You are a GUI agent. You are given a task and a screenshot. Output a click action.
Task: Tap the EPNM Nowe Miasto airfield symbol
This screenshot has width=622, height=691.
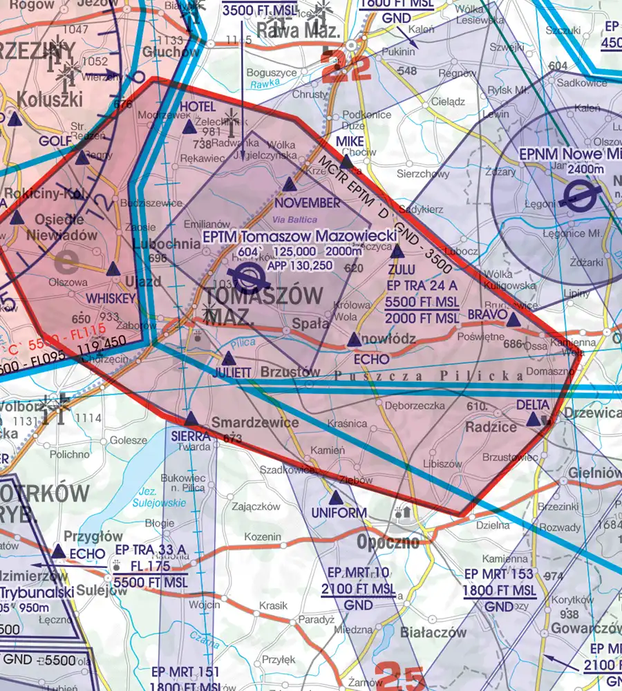coord(576,196)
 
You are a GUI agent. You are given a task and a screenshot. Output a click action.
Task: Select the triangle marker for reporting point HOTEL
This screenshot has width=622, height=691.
coord(189,127)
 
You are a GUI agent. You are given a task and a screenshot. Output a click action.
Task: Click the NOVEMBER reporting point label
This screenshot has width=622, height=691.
coord(307,203)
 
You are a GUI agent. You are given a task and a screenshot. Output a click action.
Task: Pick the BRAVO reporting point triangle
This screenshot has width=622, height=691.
coord(512,319)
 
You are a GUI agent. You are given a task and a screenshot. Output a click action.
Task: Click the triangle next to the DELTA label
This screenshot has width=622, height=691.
coord(533,419)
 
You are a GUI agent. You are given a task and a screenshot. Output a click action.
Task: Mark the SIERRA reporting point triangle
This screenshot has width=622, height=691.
coord(191,419)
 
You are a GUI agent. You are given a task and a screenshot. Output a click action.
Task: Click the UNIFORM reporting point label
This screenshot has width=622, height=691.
coord(338,513)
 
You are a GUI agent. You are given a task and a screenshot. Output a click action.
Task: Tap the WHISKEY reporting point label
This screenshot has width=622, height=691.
coord(110,297)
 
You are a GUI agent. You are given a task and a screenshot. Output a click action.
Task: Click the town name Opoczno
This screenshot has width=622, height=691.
coord(388,541)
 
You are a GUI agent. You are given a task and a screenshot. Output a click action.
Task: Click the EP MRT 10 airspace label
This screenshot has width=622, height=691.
coord(359,573)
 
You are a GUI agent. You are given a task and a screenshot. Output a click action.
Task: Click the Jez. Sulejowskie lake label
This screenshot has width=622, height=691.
coord(159,497)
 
